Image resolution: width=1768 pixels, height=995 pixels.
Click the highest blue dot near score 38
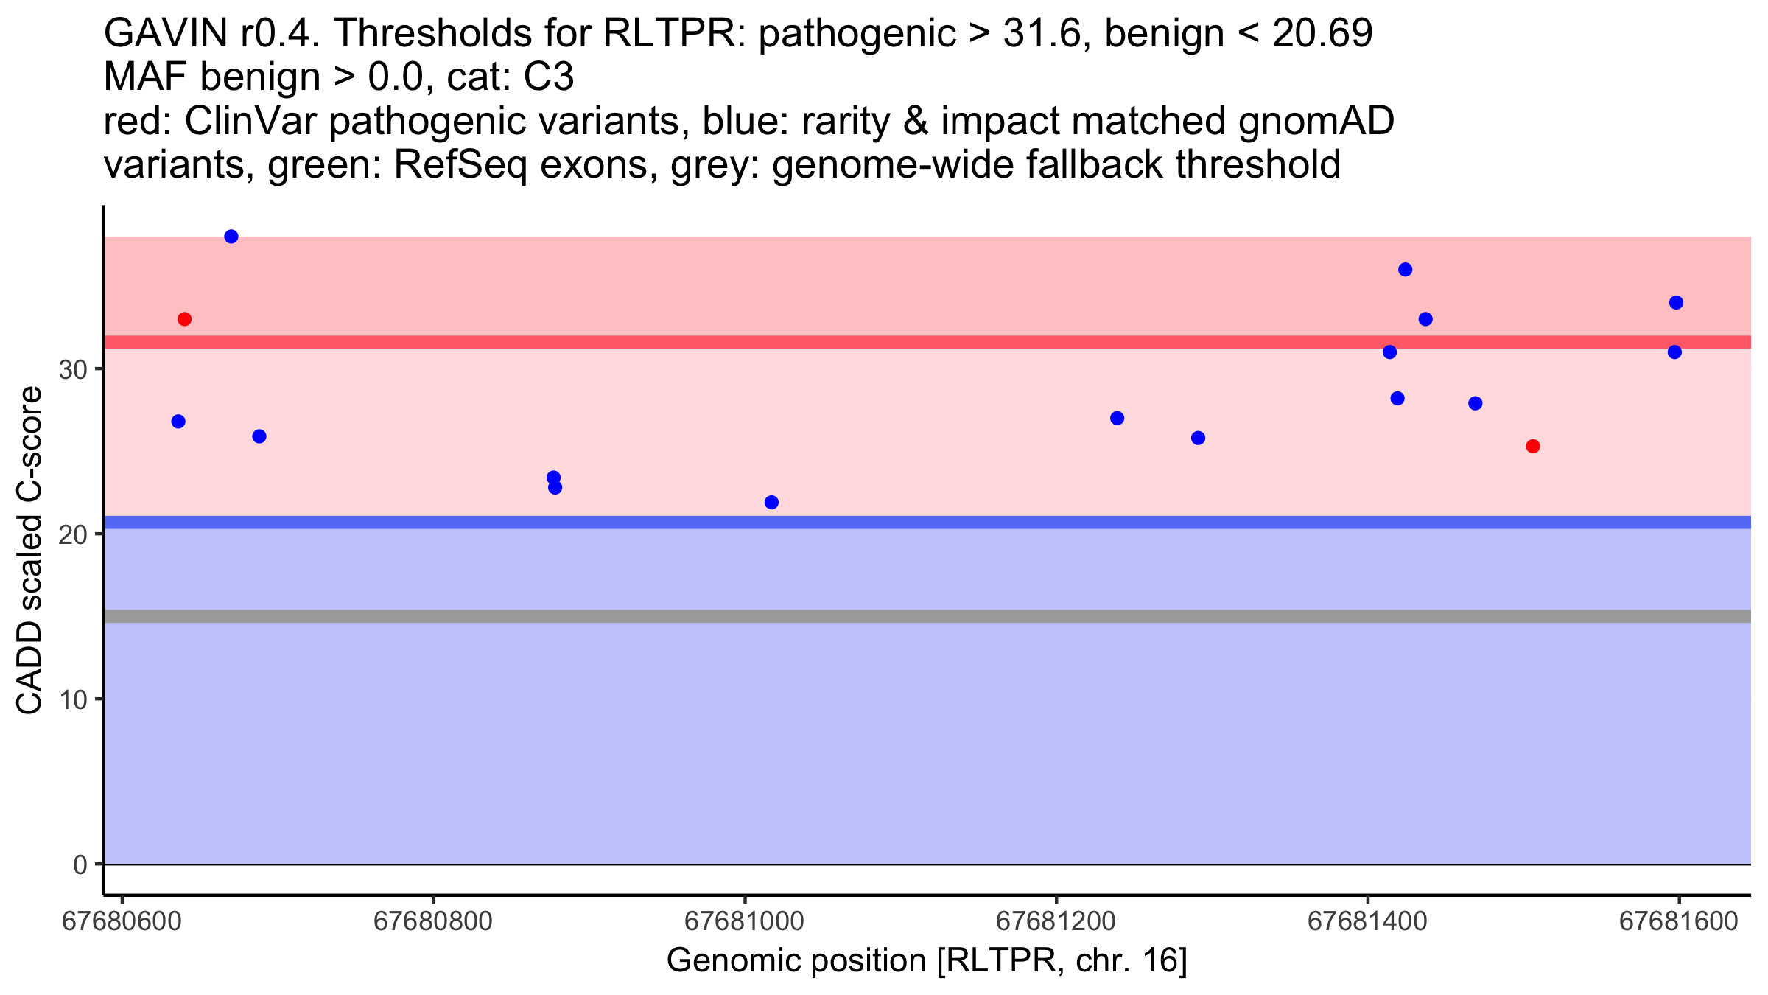(x=231, y=237)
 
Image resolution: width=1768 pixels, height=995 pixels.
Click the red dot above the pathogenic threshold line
(x=184, y=319)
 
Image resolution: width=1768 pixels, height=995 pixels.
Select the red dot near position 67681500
(x=1533, y=446)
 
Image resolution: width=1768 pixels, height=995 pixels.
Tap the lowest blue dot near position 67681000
(x=771, y=503)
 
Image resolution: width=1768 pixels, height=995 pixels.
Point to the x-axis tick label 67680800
(x=433, y=922)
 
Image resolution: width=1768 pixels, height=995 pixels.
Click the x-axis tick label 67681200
(x=1056, y=922)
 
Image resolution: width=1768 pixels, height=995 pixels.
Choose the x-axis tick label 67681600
(x=1678, y=922)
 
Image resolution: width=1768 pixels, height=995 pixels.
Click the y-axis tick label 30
(x=73, y=369)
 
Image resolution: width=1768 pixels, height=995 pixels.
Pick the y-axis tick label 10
(x=73, y=699)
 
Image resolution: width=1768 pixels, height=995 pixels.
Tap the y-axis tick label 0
(x=80, y=865)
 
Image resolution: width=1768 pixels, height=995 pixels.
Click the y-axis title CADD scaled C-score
(x=29, y=551)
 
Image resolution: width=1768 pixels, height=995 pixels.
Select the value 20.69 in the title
(x=1322, y=33)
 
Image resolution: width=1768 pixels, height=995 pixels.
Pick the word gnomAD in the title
(x=1316, y=121)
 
